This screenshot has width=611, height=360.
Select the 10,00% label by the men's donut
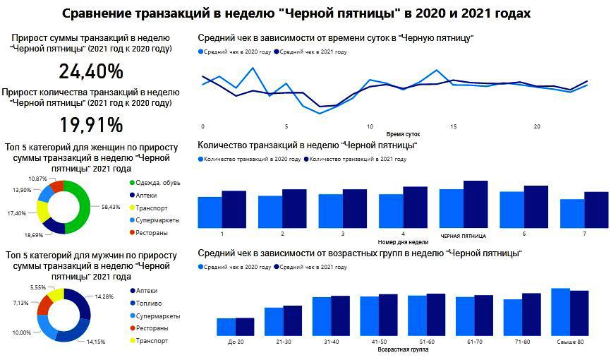coord(20,332)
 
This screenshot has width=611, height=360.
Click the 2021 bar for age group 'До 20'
coord(244,327)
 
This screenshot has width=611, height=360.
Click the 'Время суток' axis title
coord(403,133)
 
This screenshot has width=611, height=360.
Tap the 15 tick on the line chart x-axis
coord(453,126)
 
